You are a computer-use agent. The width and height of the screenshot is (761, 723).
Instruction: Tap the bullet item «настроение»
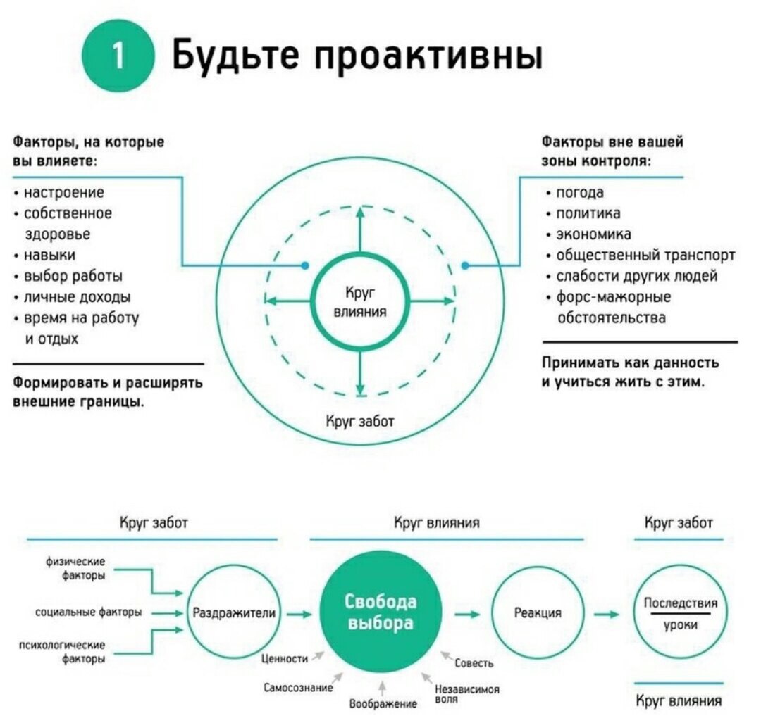pos(64,192)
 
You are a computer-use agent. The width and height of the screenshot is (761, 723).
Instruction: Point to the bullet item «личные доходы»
pos(77,296)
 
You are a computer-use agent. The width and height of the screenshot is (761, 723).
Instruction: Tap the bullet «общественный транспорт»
pos(645,255)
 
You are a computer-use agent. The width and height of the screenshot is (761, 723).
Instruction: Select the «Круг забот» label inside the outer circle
pos(359,421)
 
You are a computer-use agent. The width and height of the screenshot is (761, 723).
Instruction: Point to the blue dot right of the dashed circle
pos(465,265)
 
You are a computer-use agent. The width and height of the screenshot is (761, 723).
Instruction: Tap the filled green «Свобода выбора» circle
pos(381,613)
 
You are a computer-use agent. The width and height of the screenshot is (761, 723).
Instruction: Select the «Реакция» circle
pos(538,613)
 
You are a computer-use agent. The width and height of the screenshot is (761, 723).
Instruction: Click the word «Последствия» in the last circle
pos(681,603)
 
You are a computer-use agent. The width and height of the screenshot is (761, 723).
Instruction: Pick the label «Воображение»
pos(383,703)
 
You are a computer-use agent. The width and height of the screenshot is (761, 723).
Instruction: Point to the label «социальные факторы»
pos(89,612)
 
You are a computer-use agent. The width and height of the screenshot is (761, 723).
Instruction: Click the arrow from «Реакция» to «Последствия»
pos(605,614)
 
